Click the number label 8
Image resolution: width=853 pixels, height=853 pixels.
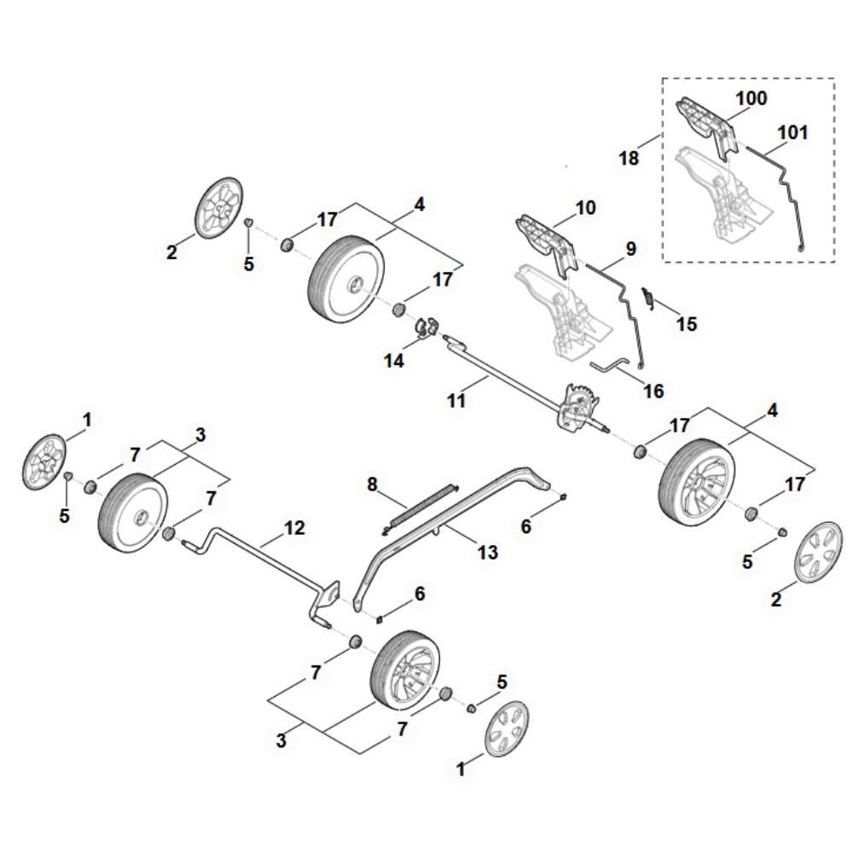coord(371,485)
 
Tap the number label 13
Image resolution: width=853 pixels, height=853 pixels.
coord(487,552)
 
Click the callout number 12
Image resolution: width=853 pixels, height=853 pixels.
coord(293,528)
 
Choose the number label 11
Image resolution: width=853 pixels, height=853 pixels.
coord(457,399)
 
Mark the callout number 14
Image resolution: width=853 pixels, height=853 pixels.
coord(393,361)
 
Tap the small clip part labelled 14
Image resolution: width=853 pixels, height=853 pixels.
coord(426,326)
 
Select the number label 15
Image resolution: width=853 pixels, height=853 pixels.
coord(686,324)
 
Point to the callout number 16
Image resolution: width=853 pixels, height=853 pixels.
coord(653,391)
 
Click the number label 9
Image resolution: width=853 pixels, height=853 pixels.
coord(630,249)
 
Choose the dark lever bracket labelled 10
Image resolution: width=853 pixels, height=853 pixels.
coord(546,240)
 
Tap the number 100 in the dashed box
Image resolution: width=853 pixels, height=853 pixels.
coord(751,98)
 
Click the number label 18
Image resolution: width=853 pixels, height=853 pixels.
coord(629,159)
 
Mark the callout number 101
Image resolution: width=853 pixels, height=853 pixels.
coord(792,132)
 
